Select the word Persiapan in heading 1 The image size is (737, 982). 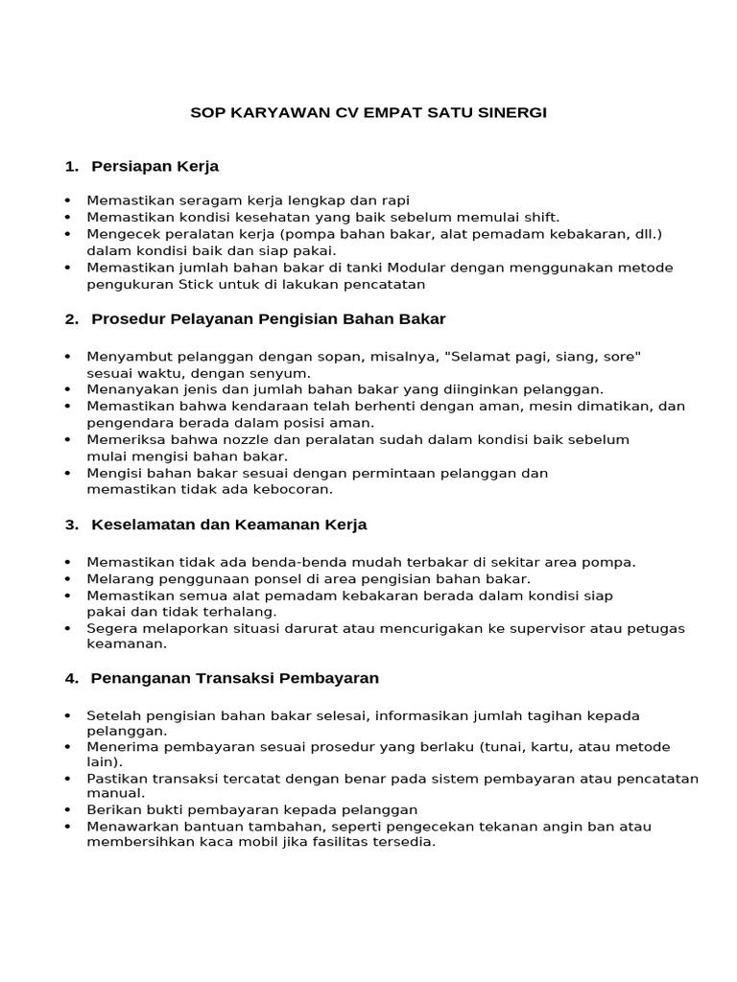[x=127, y=166]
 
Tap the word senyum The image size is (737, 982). [x=282, y=372]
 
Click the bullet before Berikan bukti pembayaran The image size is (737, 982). [x=67, y=809]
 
